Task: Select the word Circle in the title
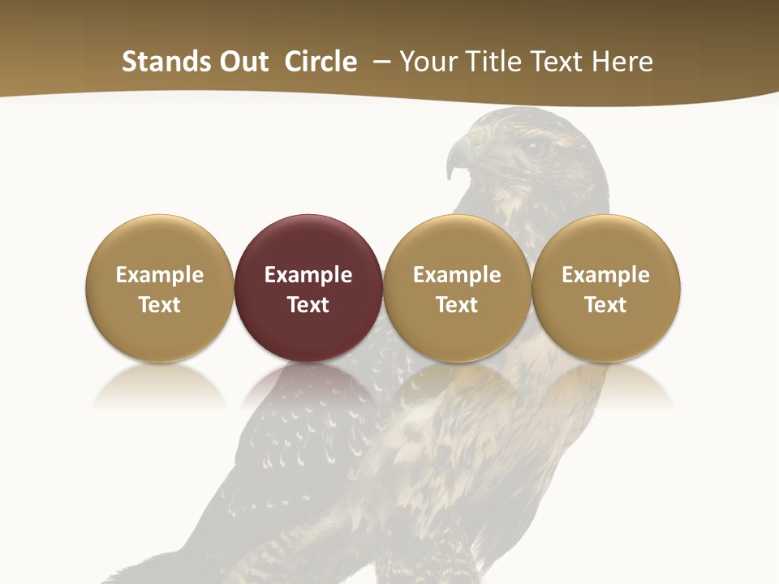tap(321, 62)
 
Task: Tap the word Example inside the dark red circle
tap(308, 275)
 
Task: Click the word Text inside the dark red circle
tap(308, 305)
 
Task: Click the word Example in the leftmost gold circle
tap(160, 275)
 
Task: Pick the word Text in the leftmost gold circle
tap(160, 305)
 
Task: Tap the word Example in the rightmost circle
tap(606, 275)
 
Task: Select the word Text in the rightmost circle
tap(606, 305)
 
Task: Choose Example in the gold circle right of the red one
tap(457, 275)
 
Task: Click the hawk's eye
tap(536, 148)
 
